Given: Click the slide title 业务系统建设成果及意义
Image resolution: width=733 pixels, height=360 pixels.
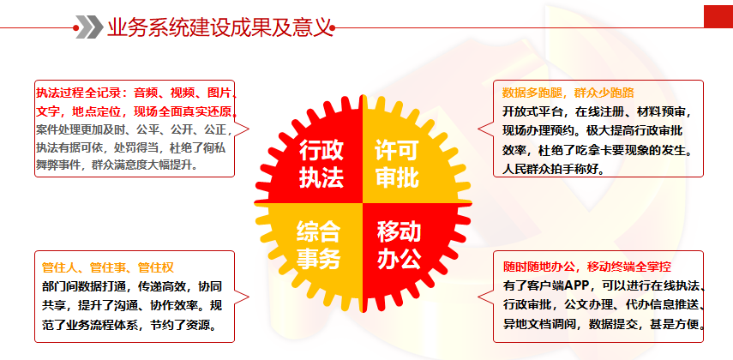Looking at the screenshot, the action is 219,27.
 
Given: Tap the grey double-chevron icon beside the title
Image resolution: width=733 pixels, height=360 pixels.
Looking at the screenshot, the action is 89,27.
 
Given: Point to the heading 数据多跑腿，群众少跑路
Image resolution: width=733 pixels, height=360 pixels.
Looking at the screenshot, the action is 568,93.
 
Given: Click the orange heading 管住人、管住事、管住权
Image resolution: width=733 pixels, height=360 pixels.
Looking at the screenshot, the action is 108,268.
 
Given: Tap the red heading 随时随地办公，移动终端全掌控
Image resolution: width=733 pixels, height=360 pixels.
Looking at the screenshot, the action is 587,267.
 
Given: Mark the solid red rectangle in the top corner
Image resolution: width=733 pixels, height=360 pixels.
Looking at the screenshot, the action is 718,16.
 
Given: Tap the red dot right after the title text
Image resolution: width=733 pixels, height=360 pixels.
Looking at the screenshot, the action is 333,28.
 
